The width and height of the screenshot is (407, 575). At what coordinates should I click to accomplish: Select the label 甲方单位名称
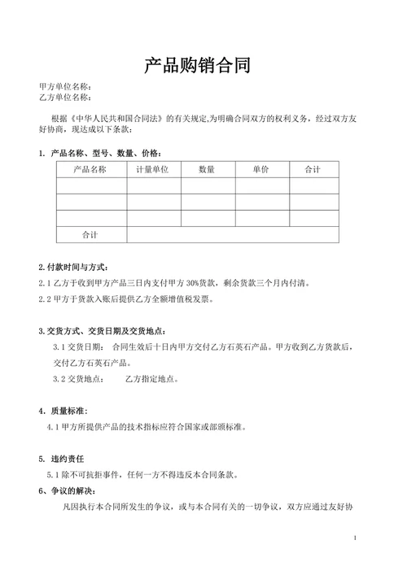coord(64,86)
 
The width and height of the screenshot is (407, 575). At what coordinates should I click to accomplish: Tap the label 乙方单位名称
coord(64,98)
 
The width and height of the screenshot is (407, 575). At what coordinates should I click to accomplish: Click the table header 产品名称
coord(90,169)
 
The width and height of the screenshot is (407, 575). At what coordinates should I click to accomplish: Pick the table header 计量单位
coord(153,169)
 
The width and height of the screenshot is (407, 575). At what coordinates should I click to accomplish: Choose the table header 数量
coord(207,169)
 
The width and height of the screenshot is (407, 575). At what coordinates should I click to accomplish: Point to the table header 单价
coord(260,169)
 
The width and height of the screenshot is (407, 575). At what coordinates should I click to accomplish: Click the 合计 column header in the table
coord(313,169)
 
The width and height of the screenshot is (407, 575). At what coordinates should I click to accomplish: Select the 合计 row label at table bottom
coord(90,234)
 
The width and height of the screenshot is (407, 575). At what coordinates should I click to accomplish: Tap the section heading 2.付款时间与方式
coord(73,268)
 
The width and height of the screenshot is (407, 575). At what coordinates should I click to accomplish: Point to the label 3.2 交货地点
coord(78,379)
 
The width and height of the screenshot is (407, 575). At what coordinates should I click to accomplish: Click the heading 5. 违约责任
coord(62,459)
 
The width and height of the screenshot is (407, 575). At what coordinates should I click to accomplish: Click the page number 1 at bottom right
coord(356,538)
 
